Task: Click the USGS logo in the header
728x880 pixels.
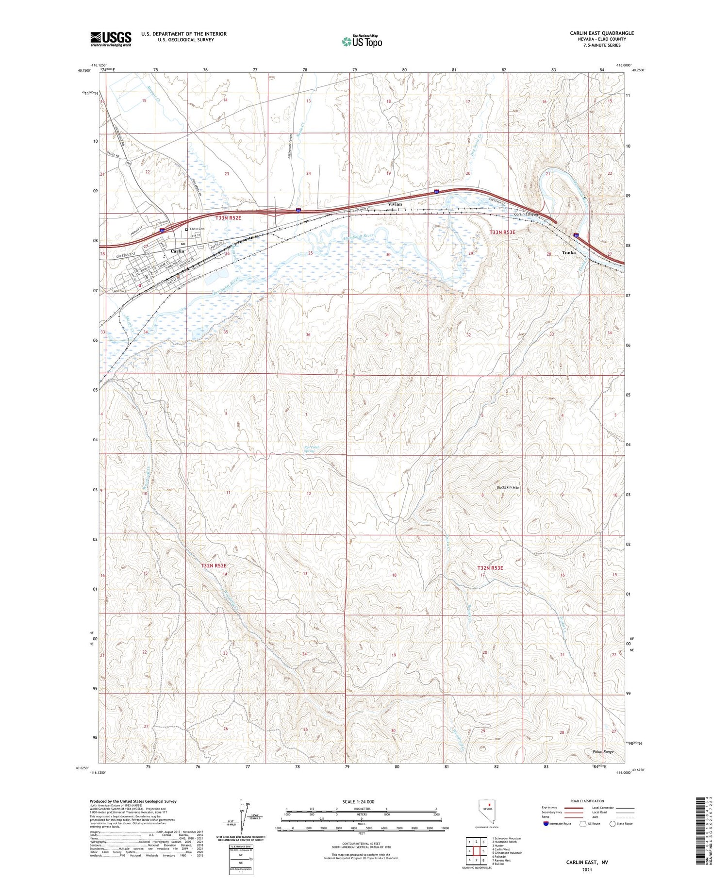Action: click(x=111, y=39)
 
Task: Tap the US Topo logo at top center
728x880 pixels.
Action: click(x=362, y=41)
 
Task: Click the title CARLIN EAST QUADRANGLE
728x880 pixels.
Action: click(x=602, y=33)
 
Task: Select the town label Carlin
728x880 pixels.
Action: click(x=178, y=251)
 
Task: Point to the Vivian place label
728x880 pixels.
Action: click(x=395, y=204)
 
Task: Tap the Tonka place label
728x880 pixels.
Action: click(x=569, y=253)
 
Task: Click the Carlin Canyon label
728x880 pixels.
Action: click(x=527, y=215)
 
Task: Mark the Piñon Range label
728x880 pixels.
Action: click(x=603, y=752)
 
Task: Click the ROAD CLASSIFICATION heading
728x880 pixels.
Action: click(x=587, y=801)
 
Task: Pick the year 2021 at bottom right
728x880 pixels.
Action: click(x=587, y=869)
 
